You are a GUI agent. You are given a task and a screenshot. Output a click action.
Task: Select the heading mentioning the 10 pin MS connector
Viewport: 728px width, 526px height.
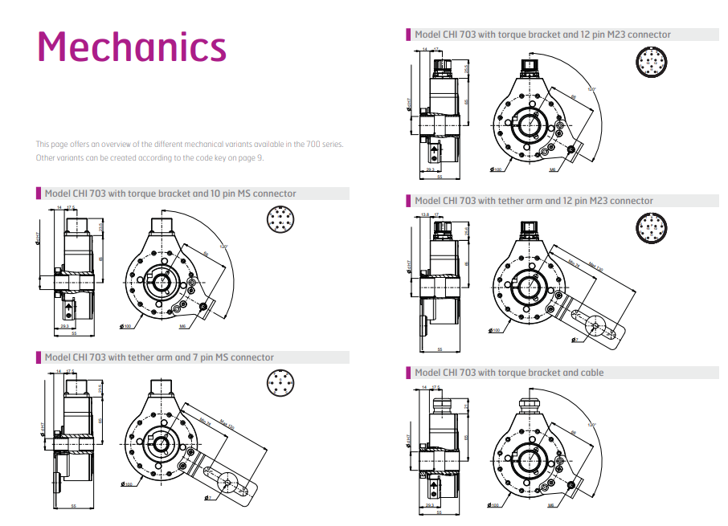pyautogui.click(x=170, y=194)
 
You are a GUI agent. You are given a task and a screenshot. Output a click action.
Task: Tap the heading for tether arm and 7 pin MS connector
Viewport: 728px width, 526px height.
pyautogui.click(x=159, y=357)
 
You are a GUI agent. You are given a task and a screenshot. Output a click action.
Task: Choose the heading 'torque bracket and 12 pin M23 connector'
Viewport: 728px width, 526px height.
pyautogui.click(x=542, y=35)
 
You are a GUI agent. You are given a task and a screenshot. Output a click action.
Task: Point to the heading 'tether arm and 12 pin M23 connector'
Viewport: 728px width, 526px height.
pyautogui.click(x=534, y=201)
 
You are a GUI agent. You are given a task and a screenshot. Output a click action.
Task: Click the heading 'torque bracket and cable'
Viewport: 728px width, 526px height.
pyautogui.click(x=509, y=373)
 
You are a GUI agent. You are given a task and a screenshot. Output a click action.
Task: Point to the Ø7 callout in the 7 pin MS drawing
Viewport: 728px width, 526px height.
pyautogui.click(x=207, y=499)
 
